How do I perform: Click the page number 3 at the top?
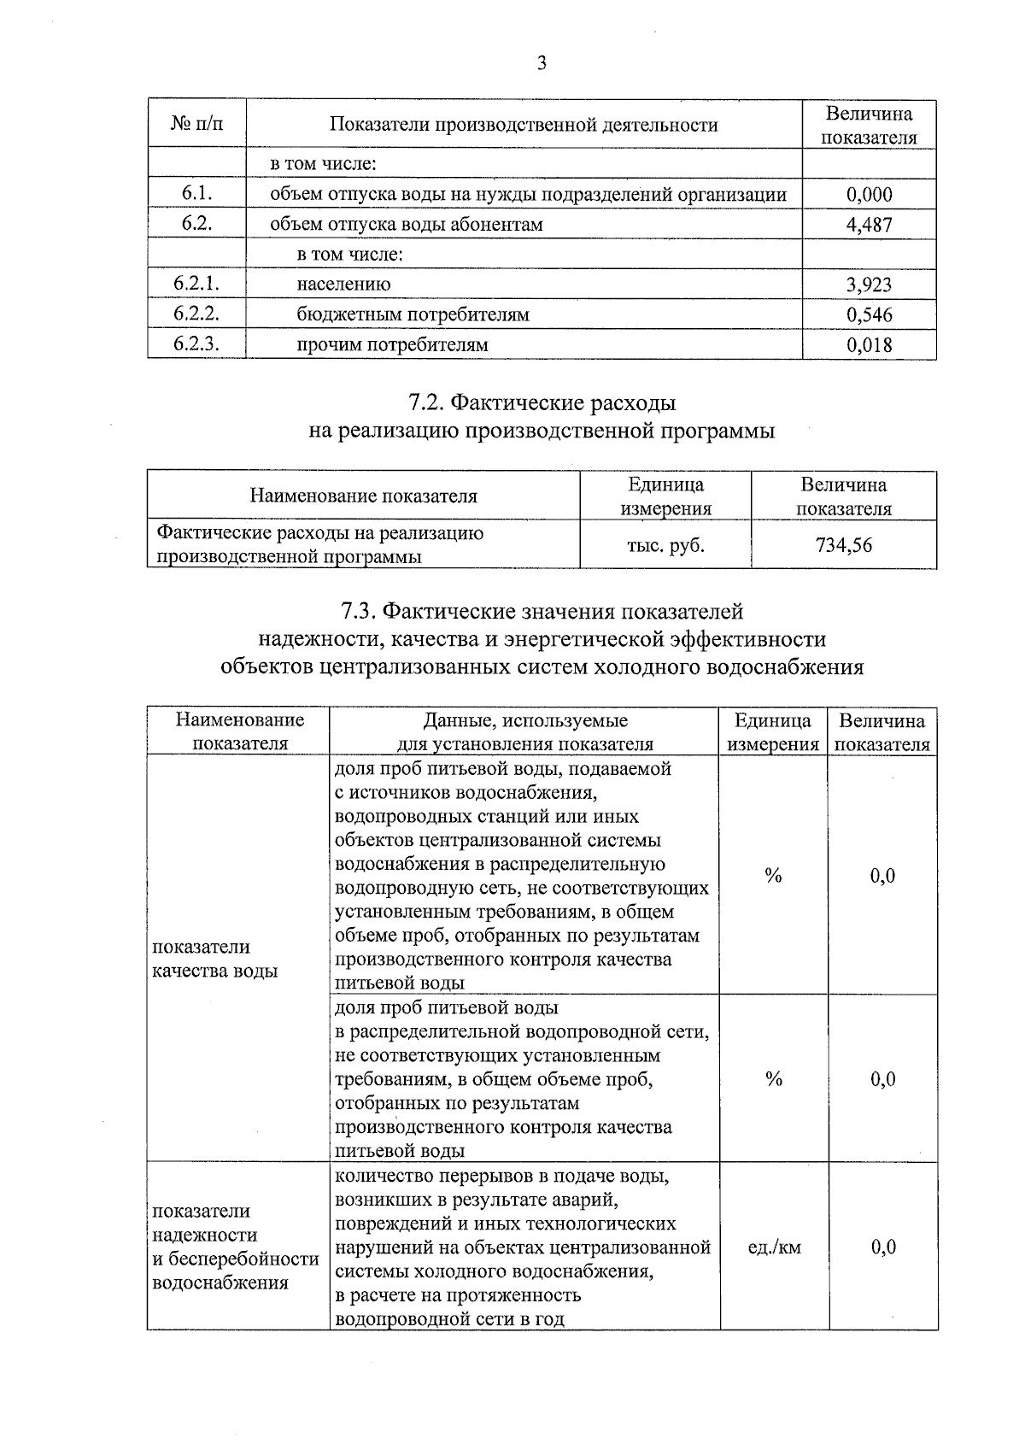coord(541,63)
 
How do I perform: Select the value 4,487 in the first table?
coord(869,225)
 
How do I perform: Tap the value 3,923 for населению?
coord(869,285)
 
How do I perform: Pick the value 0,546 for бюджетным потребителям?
coord(869,314)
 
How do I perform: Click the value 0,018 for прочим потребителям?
coord(869,345)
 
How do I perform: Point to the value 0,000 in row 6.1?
coord(869,194)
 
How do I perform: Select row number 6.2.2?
coord(196,314)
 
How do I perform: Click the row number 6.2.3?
coord(196,344)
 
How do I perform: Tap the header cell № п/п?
coord(196,124)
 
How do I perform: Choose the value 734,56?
coord(844,544)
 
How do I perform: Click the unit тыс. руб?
coord(665,544)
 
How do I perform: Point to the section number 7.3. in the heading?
coord(359,612)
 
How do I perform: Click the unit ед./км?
coord(774,1247)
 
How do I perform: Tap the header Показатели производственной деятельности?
coord(524,125)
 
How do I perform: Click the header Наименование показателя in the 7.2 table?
coord(363,496)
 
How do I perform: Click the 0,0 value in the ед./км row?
coord(883,1247)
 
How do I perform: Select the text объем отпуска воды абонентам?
coord(406,225)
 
